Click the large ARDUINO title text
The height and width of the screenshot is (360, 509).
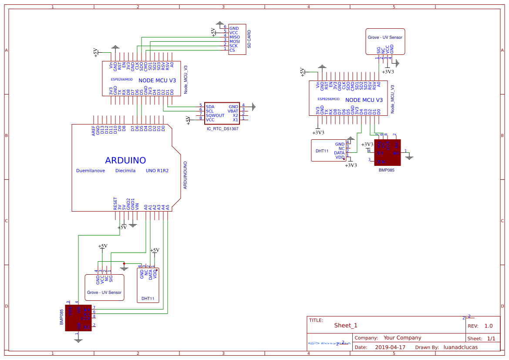coord(125,160)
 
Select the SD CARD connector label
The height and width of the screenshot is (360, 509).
coord(249,39)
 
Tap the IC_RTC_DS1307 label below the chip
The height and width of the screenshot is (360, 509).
coord(222,129)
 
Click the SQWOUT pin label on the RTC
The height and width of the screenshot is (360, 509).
coord(215,115)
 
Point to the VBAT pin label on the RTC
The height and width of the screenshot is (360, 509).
coord(233,111)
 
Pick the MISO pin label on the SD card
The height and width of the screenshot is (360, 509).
coord(234,37)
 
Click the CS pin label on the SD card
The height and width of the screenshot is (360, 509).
coord(232,50)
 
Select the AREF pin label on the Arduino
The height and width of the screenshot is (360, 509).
coord(94,131)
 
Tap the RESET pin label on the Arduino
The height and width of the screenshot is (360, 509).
coord(115,203)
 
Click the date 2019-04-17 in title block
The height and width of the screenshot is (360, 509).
coord(390,347)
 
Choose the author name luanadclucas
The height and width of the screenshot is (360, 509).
coord(460,347)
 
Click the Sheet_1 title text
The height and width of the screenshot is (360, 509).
coord(346,325)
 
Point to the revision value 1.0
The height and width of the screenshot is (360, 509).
coord(489,326)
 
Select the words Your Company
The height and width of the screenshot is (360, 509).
coord(402,338)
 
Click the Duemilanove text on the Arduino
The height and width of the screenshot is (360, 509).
coord(91,171)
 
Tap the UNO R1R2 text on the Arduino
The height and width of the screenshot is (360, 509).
coord(157,171)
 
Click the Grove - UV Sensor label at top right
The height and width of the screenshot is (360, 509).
coord(385,37)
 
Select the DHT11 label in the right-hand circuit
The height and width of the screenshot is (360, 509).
coord(322,151)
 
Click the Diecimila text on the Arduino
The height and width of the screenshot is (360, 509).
coord(125,171)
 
